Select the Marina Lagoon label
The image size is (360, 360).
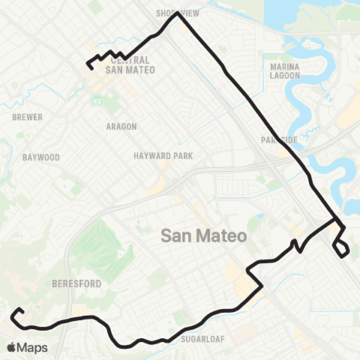coord(283,70)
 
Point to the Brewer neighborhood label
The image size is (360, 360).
coord(27,118)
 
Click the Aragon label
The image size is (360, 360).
coord(121,127)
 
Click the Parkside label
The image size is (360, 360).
coord(280,140)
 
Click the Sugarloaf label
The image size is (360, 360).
coord(199,338)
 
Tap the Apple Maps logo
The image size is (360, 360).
coord(27,347)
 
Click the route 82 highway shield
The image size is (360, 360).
coord(97,100)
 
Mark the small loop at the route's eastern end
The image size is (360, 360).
coord(341,247)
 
